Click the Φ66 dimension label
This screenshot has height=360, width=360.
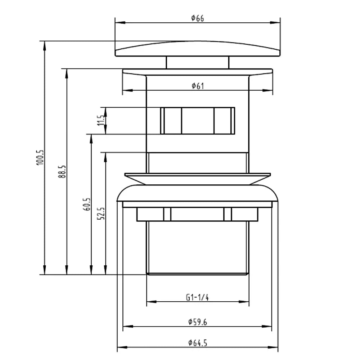click(x=197, y=18)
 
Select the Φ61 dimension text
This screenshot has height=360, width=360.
click(x=198, y=86)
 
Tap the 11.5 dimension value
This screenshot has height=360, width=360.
click(x=101, y=120)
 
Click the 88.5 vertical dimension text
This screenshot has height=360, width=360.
click(x=62, y=171)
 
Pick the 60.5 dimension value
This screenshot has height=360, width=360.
click(x=86, y=204)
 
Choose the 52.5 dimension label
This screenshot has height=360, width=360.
click(x=101, y=213)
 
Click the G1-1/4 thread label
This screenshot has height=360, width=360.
click(x=197, y=298)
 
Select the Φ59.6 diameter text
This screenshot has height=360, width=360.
click(x=197, y=322)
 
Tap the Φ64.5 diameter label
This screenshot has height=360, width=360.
click(x=197, y=343)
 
